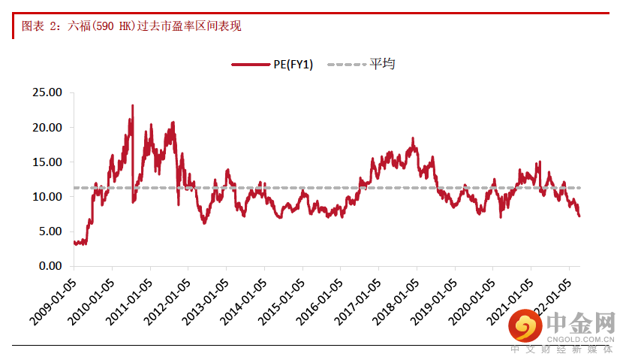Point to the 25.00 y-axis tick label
point(47,92)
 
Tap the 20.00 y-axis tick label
point(47,127)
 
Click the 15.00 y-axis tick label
point(47,162)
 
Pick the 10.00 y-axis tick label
point(47,196)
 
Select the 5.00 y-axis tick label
point(50,231)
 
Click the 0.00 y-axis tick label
point(50,265)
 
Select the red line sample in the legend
point(251,65)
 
